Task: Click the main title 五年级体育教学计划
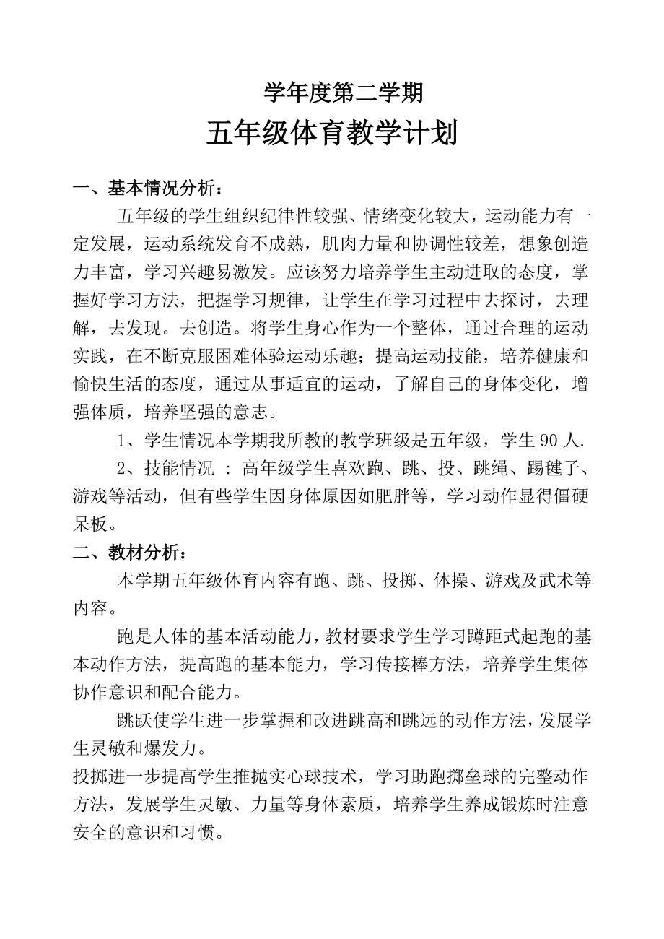pyautogui.click(x=331, y=134)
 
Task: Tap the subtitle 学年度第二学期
pyautogui.click(x=332, y=92)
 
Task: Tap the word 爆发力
pyautogui.click(x=188, y=749)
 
